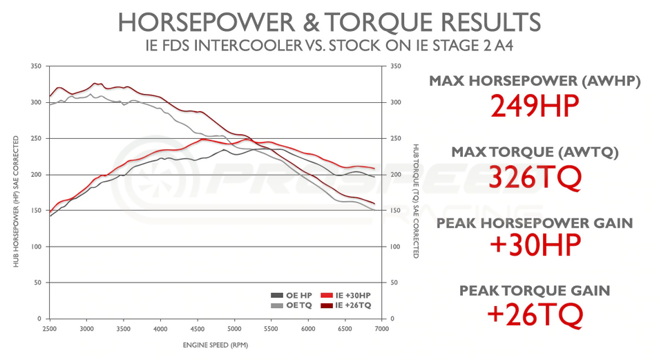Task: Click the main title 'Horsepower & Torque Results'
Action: point(329,22)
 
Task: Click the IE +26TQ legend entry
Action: point(352,305)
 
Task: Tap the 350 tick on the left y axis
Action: point(37,66)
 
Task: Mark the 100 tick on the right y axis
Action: point(395,247)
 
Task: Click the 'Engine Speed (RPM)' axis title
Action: point(216,343)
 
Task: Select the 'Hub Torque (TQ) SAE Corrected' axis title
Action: point(416,200)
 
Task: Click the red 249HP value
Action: point(535,106)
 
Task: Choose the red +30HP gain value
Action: point(535,246)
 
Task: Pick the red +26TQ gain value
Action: point(535,316)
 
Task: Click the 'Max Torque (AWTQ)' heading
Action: point(535,152)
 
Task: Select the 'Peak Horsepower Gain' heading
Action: point(535,222)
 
